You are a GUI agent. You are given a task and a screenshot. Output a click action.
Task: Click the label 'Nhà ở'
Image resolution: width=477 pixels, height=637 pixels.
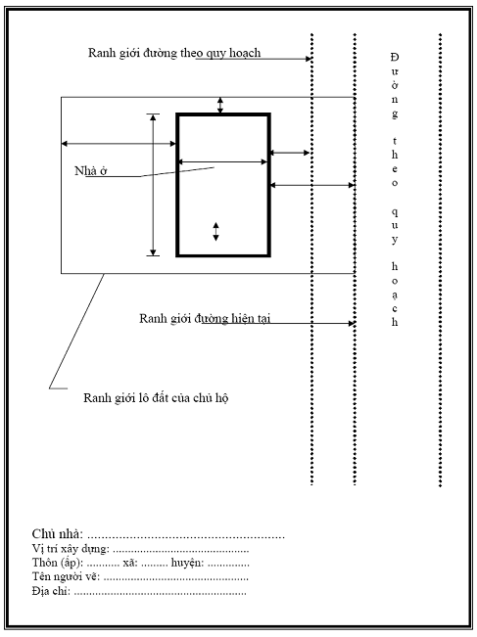(x=91, y=171)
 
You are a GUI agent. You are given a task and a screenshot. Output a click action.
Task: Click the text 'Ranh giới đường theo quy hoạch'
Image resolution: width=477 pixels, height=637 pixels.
(x=174, y=53)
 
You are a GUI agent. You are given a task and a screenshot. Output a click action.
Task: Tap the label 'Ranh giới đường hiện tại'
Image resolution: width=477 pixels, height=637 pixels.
(x=205, y=319)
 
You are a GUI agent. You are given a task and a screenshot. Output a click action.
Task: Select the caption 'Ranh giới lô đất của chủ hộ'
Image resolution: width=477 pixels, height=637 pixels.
(x=156, y=397)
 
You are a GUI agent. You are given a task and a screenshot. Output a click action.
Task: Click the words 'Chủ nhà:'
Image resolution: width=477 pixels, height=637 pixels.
(x=58, y=533)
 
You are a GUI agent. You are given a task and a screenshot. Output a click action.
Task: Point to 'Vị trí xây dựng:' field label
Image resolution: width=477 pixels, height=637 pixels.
(x=71, y=549)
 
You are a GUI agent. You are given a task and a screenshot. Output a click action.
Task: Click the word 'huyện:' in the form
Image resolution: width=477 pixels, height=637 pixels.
(x=187, y=563)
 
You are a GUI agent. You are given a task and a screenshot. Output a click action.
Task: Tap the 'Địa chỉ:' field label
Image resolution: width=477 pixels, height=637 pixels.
(x=51, y=591)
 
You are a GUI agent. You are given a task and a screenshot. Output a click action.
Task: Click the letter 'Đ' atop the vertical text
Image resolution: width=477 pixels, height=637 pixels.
(x=395, y=57)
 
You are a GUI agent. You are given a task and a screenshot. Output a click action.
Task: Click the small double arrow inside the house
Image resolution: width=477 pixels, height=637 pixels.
(x=215, y=232)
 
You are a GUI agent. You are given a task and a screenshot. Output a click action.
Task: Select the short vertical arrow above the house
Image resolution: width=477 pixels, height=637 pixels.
(x=220, y=106)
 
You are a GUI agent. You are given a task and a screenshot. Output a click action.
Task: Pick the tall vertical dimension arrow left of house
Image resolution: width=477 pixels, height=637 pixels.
(x=153, y=185)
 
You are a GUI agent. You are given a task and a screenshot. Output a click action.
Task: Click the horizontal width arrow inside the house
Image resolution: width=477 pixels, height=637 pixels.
(x=223, y=162)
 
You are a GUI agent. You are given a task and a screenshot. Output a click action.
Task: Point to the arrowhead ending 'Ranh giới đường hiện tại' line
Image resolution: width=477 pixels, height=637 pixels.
(x=353, y=323)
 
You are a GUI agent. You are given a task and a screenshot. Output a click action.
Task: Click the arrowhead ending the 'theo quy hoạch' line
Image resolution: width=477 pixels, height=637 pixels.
(x=309, y=59)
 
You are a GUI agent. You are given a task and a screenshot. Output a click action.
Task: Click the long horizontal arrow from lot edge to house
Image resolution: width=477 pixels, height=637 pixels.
(x=119, y=144)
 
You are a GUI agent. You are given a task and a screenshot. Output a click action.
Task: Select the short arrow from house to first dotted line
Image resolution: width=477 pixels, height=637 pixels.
(x=290, y=153)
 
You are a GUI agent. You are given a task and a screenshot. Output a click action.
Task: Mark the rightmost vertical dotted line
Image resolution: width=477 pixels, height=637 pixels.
(x=440, y=260)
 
